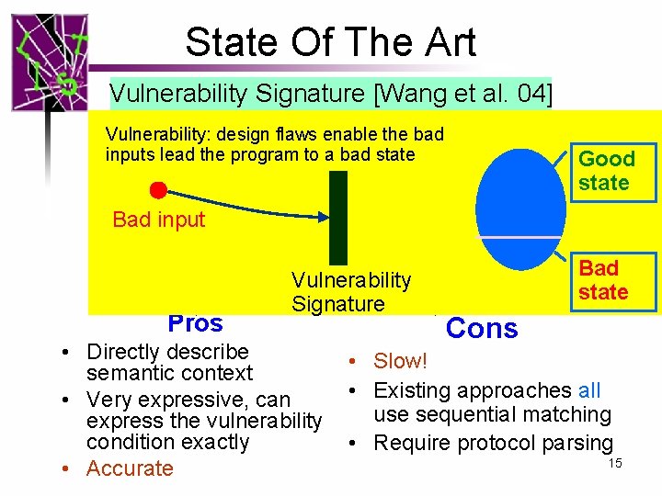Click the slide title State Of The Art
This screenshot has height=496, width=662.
(330, 42)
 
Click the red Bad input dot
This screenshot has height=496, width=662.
(158, 191)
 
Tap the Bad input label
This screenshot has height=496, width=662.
(158, 220)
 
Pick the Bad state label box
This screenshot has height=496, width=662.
(603, 280)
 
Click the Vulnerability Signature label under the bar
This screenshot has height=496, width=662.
(351, 292)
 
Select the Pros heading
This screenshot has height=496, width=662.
(195, 322)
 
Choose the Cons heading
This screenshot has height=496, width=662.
(482, 329)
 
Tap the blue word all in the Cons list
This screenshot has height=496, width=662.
(589, 390)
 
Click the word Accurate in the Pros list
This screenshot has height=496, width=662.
(130, 468)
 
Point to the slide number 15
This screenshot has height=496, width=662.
(615, 463)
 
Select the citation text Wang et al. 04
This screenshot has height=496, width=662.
(473, 94)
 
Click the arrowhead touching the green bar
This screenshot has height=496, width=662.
(323, 217)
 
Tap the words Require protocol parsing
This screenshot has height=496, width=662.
(493, 443)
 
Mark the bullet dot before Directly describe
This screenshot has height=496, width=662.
(68, 353)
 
